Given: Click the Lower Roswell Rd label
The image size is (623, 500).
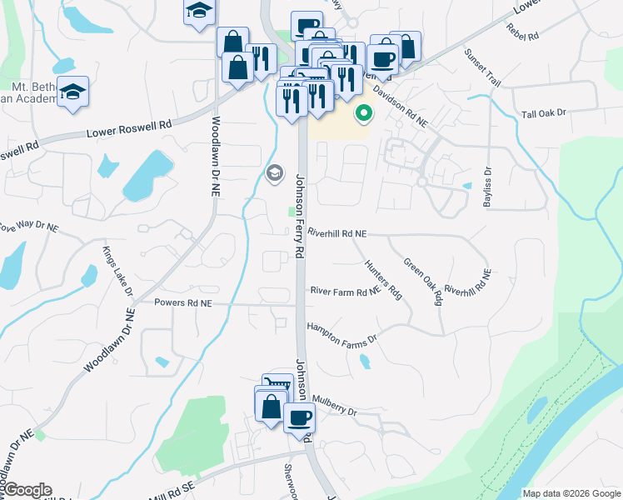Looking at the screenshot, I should (x=129, y=129).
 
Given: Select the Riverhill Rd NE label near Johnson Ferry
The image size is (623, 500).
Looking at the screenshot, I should (x=336, y=234).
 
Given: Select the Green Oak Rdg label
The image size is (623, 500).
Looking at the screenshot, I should (x=422, y=282).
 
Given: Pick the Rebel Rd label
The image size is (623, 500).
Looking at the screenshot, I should (x=522, y=33).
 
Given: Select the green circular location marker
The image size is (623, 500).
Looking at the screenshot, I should (x=363, y=112).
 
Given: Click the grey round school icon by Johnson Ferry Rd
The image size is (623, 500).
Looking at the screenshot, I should (x=273, y=172).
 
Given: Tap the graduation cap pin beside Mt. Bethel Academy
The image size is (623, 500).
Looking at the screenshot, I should (x=73, y=91).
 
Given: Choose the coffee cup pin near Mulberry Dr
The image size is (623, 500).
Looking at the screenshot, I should (x=299, y=417).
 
